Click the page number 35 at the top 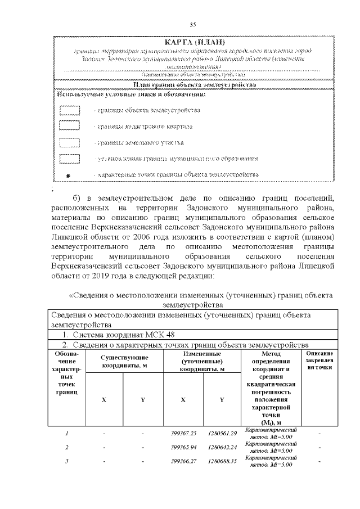pyautogui.click(x=192, y=25)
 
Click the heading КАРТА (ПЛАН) pyautogui.click(x=194, y=43)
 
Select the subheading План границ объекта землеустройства pyautogui.click(x=194, y=85)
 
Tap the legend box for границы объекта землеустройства pyautogui.click(x=70, y=110)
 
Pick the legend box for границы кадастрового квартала pyautogui.click(x=70, y=127)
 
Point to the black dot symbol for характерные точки pyautogui.click(x=69, y=176)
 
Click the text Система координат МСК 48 pyautogui.click(x=112, y=335)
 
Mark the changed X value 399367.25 pyautogui.click(x=183, y=433)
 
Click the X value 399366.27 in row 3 pyautogui.click(x=183, y=462)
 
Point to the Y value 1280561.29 pyautogui.click(x=222, y=433)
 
